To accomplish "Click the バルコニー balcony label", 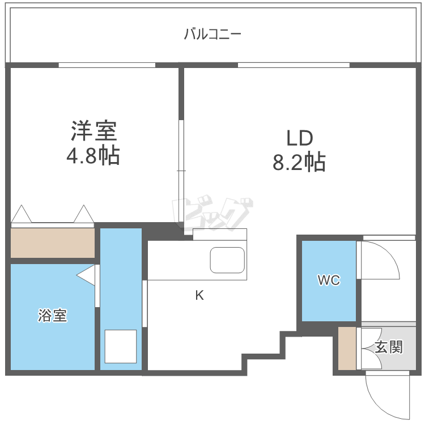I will (212, 34).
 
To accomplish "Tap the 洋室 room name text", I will (93, 131).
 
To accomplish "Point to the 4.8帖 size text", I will (93, 155).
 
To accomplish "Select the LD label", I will (299, 138).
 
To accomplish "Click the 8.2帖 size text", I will (299, 163).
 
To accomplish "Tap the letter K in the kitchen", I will (199, 295).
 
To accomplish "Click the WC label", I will (329, 280).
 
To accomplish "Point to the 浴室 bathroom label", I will (53, 316).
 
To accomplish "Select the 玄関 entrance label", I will (389, 347).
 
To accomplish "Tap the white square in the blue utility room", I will (120, 346).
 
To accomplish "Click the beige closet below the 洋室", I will (53, 243).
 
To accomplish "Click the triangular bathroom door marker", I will (86, 275).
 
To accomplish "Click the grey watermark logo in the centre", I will (212, 214).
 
